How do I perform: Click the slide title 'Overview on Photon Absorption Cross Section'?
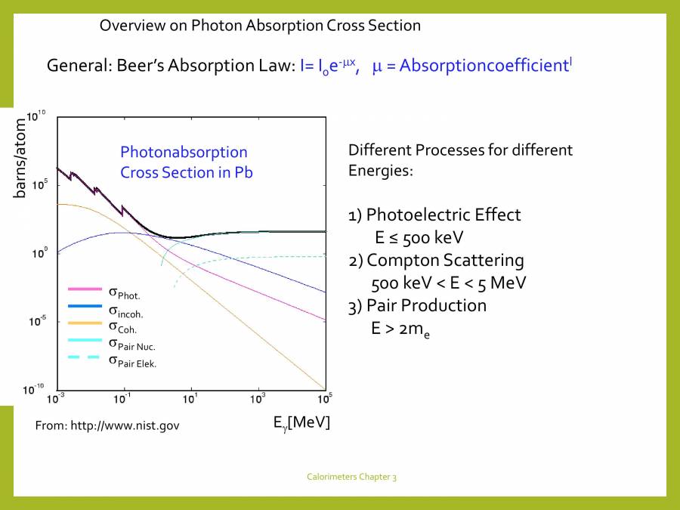pyautogui.click(x=260, y=25)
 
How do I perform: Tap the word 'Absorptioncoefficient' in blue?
pyautogui.click(x=484, y=66)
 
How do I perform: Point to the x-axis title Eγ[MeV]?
pyautogui.click(x=301, y=422)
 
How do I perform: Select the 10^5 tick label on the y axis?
pyautogui.click(x=39, y=184)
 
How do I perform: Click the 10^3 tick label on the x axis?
pyautogui.click(x=258, y=397)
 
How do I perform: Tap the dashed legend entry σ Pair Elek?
pyautogui.click(x=137, y=360)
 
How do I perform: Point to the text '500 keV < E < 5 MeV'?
pyautogui.click(x=449, y=283)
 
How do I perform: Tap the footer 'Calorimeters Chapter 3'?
pyautogui.click(x=351, y=477)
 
